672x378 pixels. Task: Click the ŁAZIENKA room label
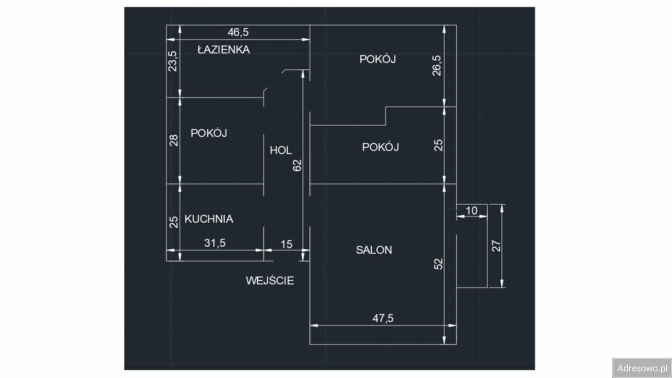point(223,50)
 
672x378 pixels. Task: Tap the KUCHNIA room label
point(208,219)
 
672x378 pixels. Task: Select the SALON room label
point(374,250)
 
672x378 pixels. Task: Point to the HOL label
point(280,150)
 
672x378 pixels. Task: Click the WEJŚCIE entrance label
point(270,281)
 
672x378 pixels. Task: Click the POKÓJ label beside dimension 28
point(208,133)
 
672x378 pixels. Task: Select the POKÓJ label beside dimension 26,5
point(377,59)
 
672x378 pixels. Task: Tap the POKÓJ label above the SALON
point(380,147)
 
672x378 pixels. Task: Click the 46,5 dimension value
point(238,33)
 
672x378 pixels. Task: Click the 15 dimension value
point(287,244)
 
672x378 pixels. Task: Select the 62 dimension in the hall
point(297,165)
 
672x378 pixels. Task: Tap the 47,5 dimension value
point(383,318)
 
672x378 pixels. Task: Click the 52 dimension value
point(439,263)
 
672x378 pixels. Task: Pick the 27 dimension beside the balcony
point(496,246)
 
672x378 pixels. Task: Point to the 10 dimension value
point(471,211)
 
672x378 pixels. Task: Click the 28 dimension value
point(174,140)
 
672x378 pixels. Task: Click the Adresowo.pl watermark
point(642,367)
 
